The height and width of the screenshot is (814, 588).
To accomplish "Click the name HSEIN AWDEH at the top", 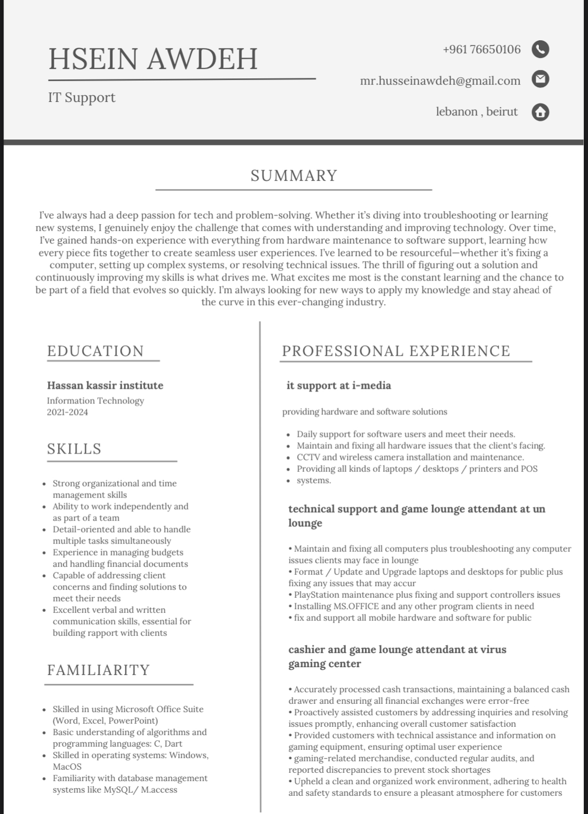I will pos(153,59).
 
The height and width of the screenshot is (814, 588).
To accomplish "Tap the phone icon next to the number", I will pos(540,49).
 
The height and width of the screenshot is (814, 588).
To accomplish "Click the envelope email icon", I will pos(540,79).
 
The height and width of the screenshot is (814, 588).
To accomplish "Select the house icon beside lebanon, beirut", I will pos(540,112).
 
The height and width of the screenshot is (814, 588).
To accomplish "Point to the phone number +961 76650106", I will pos(481,50).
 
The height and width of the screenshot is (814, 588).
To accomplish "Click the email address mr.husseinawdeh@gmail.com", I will pos(440,80).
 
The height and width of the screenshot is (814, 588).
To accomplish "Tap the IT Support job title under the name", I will pos(82,98).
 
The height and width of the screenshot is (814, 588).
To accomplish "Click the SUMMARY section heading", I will pos(294,176).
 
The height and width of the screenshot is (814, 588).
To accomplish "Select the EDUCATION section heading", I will pos(95,351).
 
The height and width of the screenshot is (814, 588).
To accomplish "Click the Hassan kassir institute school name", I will pos(105,386).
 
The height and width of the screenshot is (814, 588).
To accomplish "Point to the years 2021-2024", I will pos(67,412).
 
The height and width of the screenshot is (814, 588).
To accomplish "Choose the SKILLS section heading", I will pos(74,449).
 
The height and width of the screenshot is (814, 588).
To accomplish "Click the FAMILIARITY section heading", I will pos(98,670).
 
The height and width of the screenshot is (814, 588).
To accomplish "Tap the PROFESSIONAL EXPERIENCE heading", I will pos(396,351).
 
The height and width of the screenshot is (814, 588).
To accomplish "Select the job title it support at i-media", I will pos(339,386).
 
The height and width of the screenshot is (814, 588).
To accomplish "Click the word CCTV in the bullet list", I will pos(308,457).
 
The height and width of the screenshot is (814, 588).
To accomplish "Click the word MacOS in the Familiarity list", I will pos(67,766).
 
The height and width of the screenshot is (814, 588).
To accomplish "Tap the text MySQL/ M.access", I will pos(140,789).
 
